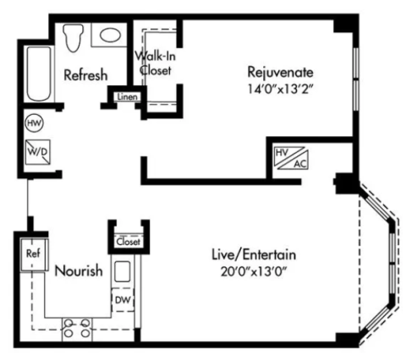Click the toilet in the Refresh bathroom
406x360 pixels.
click(x=74, y=37)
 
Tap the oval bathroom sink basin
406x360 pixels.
click(x=111, y=35)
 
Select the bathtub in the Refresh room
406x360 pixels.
click(x=39, y=74)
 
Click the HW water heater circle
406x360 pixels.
click(x=35, y=123)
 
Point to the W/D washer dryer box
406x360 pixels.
click(x=38, y=152)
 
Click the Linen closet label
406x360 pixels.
click(x=128, y=97)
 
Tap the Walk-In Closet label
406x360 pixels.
click(x=156, y=63)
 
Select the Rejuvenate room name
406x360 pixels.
click(x=280, y=72)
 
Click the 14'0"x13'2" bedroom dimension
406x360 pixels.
click(x=281, y=89)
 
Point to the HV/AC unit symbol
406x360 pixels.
click(x=292, y=158)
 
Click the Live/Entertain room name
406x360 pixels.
click(x=254, y=254)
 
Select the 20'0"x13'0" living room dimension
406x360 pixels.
click(x=254, y=272)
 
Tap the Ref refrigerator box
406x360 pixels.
click(x=34, y=254)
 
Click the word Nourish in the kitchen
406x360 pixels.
click(x=79, y=270)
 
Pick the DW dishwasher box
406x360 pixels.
click(x=123, y=300)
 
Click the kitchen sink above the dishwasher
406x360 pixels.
click(x=123, y=271)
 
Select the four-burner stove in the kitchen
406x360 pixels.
click(x=77, y=330)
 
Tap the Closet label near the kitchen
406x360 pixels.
click(x=129, y=242)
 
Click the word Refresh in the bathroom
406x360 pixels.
click(x=85, y=75)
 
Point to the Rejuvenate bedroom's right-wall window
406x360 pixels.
click(x=356, y=79)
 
